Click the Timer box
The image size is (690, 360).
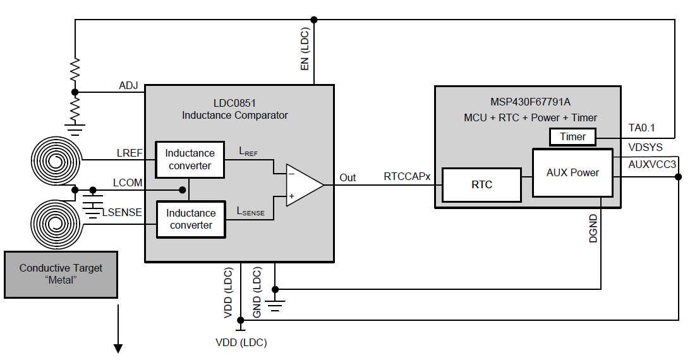pyautogui.click(x=573, y=136)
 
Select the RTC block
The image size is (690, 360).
pyautogui.click(x=481, y=184)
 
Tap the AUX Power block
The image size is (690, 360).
pyautogui.click(x=573, y=172)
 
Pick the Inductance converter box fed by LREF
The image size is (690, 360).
pyautogui.click(x=190, y=159)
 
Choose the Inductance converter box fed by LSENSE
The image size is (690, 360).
pyautogui.click(x=191, y=219)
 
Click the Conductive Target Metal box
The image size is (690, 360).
pyautogui.click(x=61, y=274)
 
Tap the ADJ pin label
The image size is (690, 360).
pyautogui.click(x=129, y=85)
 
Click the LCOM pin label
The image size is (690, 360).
pyautogui.click(x=128, y=183)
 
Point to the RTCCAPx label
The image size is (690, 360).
pyautogui.click(x=407, y=177)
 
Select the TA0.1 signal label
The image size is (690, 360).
pyautogui.click(x=642, y=127)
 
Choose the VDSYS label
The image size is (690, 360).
pyautogui.click(x=645, y=147)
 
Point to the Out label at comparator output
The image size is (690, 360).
pyautogui.click(x=348, y=177)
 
